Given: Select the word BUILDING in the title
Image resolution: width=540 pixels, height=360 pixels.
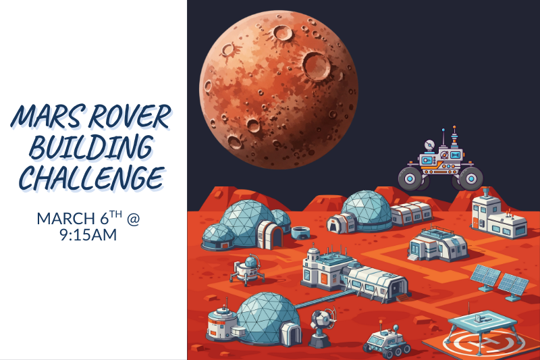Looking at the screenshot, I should (x=93, y=148).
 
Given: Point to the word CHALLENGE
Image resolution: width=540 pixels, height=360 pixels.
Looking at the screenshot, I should (x=92, y=178).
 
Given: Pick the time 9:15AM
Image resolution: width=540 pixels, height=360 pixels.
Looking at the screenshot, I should (x=92, y=236).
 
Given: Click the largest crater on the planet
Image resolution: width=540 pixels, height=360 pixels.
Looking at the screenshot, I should (x=315, y=66).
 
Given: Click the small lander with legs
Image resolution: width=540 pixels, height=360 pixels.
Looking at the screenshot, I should (x=246, y=268).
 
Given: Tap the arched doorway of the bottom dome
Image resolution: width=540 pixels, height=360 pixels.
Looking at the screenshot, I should (x=290, y=334).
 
